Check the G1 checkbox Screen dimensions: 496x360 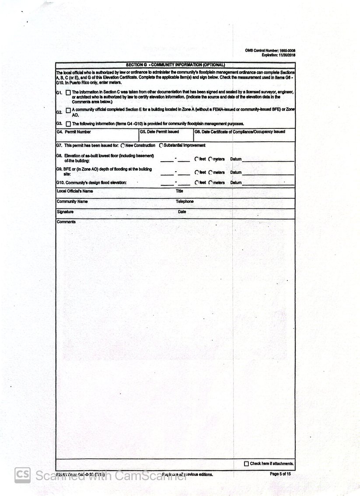68,93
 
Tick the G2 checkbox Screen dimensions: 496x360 68,110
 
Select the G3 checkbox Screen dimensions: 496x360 68,124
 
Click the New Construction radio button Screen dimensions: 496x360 122,146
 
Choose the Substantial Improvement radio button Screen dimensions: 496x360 161,146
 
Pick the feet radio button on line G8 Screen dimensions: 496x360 197,160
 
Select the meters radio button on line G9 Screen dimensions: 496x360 210,173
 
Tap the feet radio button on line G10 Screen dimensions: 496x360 197,183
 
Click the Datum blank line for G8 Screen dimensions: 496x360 268,160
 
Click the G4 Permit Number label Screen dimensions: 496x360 74,132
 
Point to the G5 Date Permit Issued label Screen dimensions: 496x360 159,132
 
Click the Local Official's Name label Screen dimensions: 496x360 75,191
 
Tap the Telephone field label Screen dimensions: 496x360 185,201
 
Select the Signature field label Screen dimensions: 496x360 65,212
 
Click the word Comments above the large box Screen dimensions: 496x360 66,222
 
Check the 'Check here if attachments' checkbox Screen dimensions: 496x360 246,464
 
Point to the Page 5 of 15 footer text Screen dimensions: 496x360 280,474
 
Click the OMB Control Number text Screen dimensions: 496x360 270,51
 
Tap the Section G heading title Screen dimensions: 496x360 175,65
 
